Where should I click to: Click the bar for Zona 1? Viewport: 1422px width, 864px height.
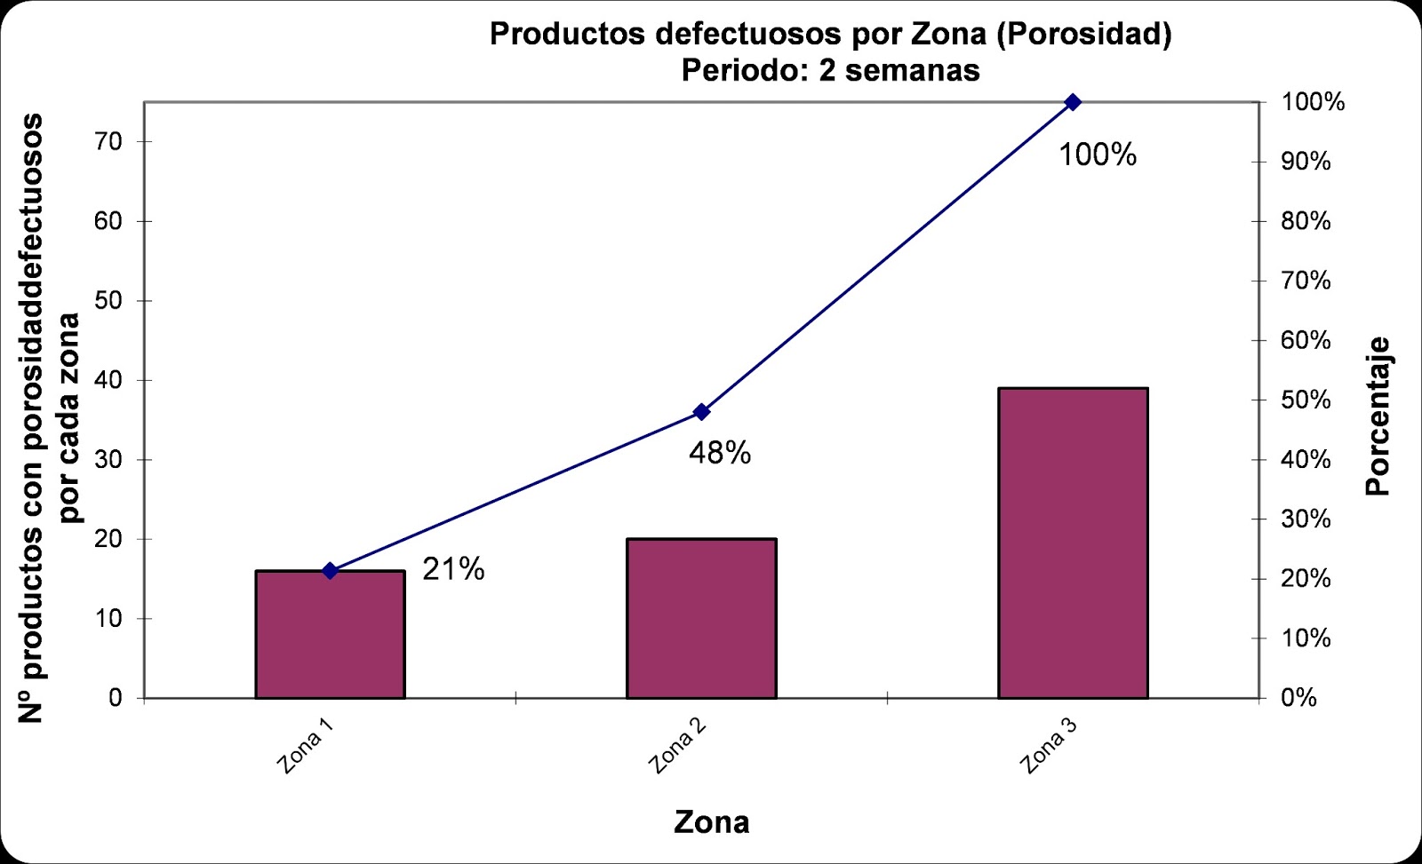coord(330,635)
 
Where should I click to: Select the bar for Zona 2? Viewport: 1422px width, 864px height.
coord(701,619)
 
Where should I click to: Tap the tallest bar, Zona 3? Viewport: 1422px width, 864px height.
coord(1073,543)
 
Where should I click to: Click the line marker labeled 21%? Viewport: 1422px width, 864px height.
coord(330,571)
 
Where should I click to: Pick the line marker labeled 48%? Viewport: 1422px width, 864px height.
coord(701,412)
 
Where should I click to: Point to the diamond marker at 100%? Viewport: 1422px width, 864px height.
coord(1073,102)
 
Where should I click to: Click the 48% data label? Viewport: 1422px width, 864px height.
coord(720,454)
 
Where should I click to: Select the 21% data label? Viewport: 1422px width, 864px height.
coord(453,569)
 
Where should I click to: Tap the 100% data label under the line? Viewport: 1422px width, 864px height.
coord(1098,155)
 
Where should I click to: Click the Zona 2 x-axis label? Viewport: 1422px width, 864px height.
coord(677,746)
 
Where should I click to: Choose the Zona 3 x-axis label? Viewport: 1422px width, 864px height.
coord(1049,746)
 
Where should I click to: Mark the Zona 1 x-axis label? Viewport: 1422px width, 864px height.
coord(306,746)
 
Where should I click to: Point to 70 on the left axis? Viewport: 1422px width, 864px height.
coord(108,141)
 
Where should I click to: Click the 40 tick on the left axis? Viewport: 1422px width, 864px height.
coord(108,380)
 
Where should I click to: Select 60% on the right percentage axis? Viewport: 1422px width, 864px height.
coord(1306,340)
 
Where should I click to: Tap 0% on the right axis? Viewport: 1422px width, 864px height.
coord(1298,698)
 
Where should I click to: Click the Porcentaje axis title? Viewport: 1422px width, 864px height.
coord(1378,416)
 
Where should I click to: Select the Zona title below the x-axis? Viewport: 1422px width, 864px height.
coord(711,822)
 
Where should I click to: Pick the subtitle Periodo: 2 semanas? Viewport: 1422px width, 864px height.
coord(830,70)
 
